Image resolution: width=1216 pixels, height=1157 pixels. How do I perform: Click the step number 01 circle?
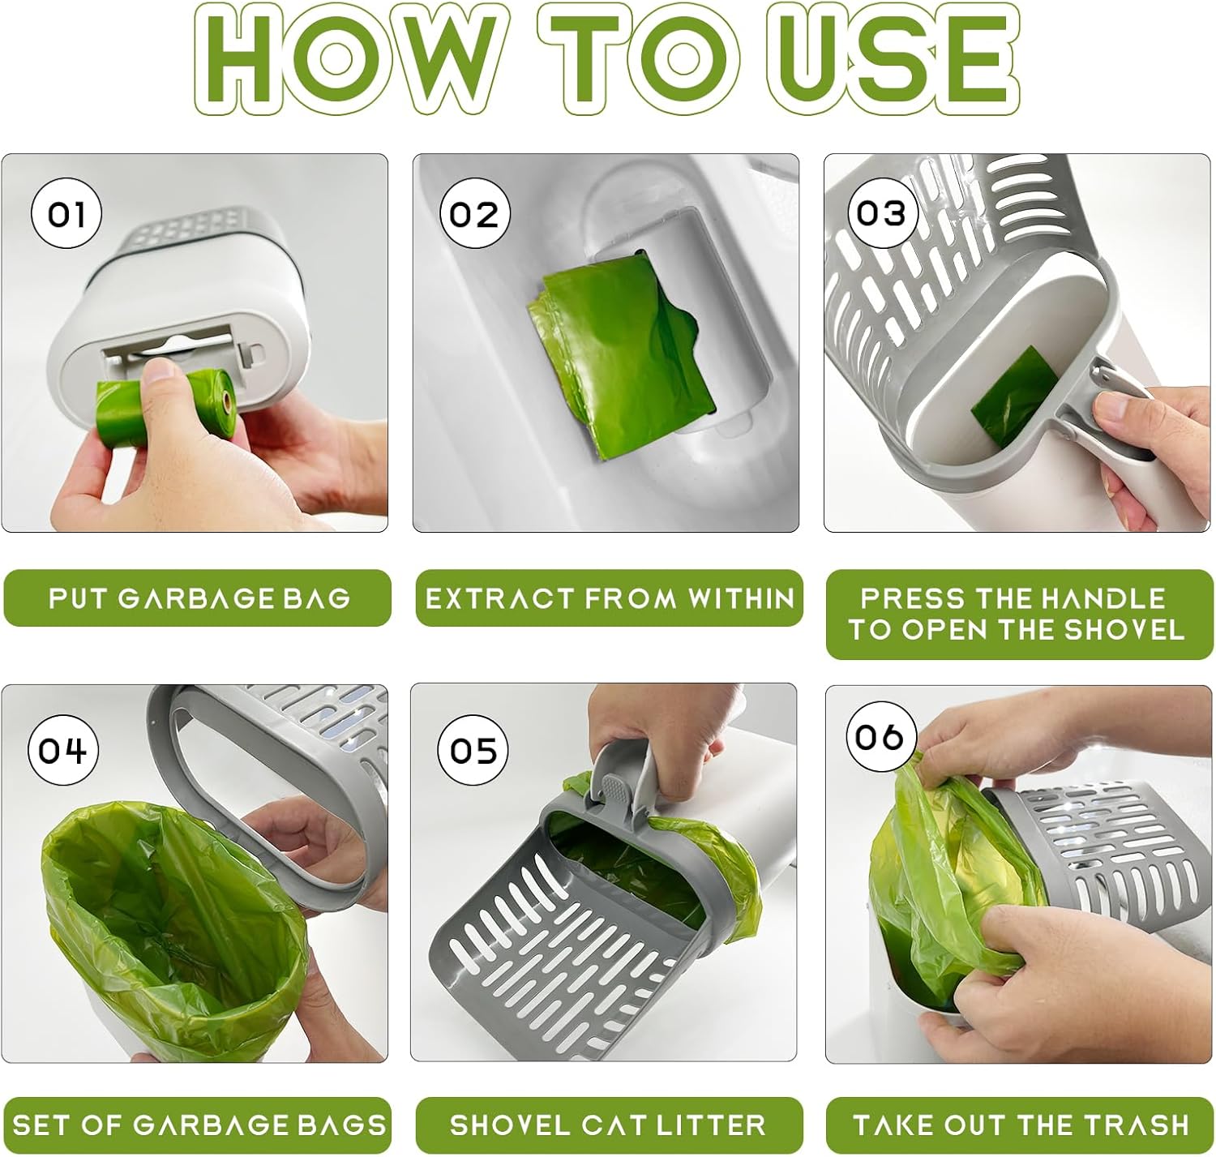[x=66, y=213]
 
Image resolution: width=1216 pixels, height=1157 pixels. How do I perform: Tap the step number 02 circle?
[x=474, y=213]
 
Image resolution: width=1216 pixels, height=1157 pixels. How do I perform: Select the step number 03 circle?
[x=881, y=213]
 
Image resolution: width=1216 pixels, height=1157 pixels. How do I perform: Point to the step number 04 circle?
[x=62, y=750]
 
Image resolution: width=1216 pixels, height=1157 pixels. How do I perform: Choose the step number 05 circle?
[x=473, y=750]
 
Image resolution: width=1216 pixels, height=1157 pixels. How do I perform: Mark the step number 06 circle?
[x=880, y=736]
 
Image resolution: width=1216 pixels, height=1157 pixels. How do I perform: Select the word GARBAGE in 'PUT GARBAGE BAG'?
[x=195, y=598]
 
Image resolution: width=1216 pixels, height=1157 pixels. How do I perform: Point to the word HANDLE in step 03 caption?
[x=1103, y=598]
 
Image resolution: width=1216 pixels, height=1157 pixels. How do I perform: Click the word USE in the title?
[x=893, y=58]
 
